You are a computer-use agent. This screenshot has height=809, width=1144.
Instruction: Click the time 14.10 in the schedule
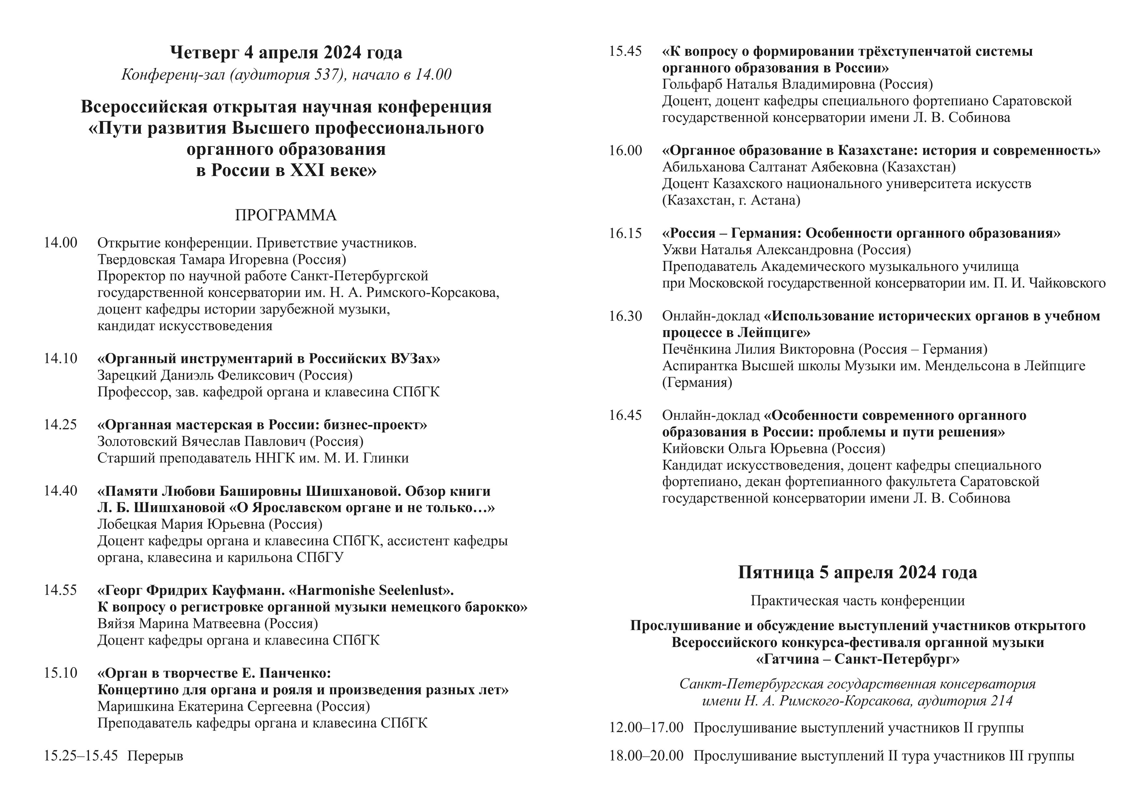[60, 359]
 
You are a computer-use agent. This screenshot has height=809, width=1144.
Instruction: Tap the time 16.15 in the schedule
[625, 233]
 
